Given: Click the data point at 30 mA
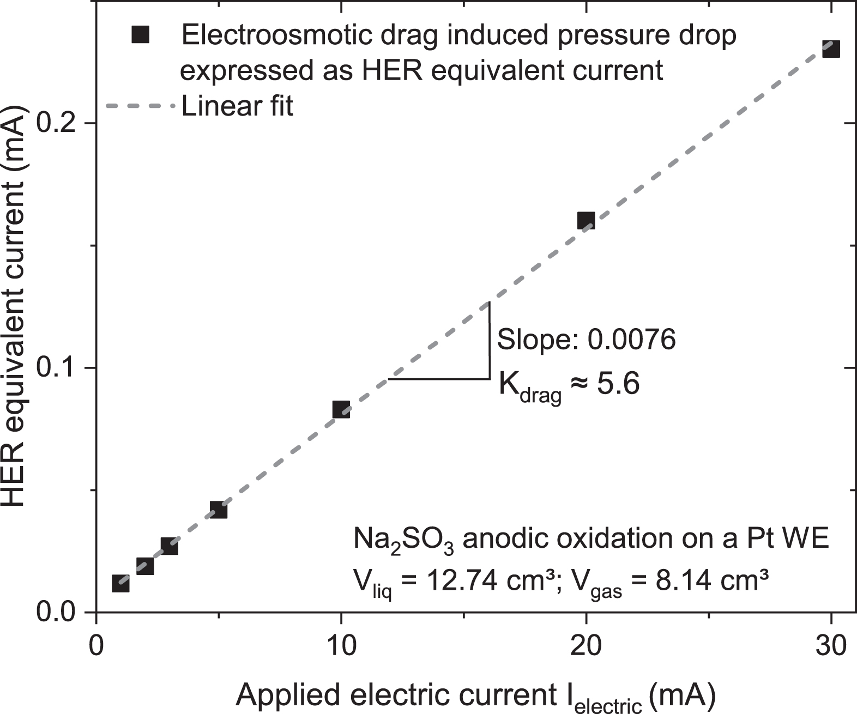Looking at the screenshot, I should (x=830, y=49).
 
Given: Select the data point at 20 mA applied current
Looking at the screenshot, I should (x=586, y=221).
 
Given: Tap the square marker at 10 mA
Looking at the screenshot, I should (x=341, y=409).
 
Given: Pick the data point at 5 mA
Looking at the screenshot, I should (x=218, y=510).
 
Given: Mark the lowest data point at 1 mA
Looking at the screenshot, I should (x=120, y=584).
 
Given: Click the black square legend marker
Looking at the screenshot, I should (x=140, y=36).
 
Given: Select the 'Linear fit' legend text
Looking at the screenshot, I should (x=237, y=106).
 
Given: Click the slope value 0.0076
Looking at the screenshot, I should (x=631, y=340).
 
